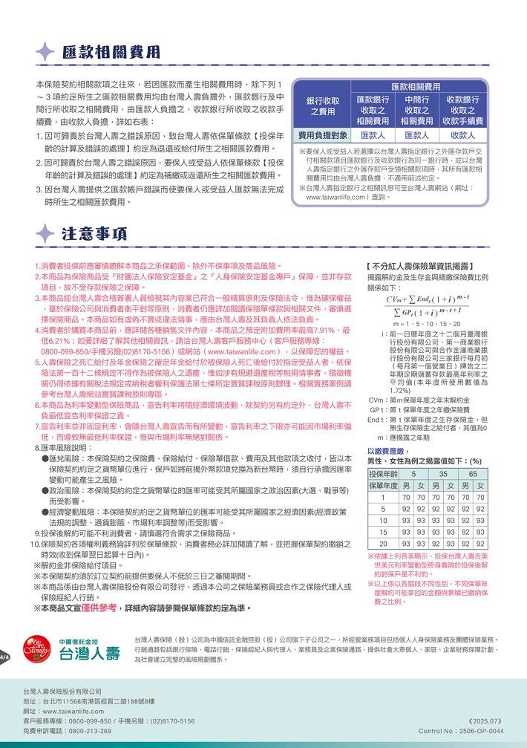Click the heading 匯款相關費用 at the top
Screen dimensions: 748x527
coord(111,51)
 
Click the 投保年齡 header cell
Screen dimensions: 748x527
coord(383,473)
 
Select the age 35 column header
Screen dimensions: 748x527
coord(443,473)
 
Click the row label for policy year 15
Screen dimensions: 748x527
coord(383,532)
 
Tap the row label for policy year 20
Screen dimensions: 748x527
coord(383,544)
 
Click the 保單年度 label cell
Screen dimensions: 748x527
coord(383,485)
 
